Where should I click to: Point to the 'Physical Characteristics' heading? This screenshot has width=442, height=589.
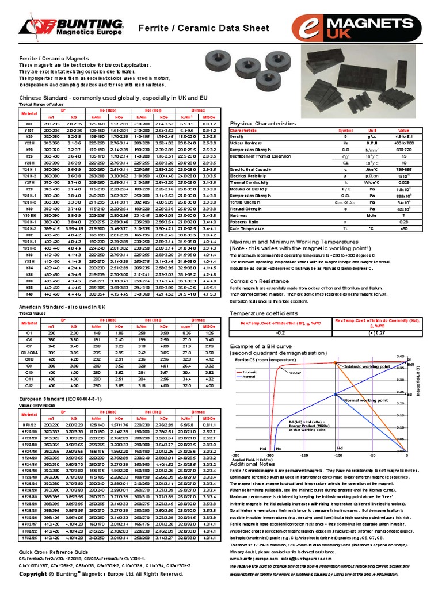pos(263,124)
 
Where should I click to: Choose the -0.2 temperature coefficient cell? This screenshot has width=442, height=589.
pos(281,332)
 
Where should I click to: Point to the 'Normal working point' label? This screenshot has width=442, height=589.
pos(366,400)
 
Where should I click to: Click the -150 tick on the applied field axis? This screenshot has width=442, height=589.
pos(303,454)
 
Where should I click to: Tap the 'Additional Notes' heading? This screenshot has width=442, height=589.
pos(252,464)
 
